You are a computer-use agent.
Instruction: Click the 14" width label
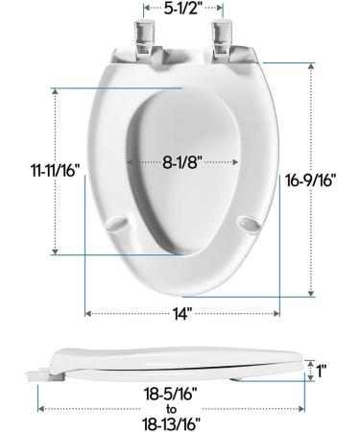(x=183, y=312)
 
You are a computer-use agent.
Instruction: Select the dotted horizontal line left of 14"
(x=125, y=312)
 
